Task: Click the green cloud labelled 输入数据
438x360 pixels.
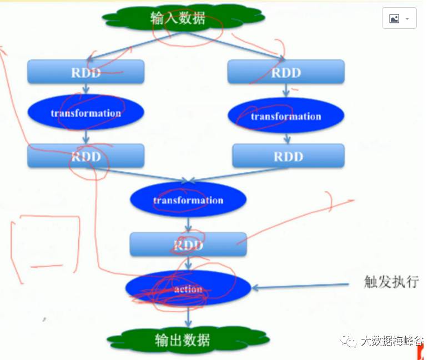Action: [x=178, y=18]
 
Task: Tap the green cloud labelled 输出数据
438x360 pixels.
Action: [x=183, y=339]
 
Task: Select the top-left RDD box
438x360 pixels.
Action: [x=85, y=72]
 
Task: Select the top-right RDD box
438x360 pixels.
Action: [x=286, y=72]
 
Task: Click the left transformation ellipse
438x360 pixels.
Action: [x=85, y=113]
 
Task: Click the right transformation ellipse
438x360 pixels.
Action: [x=286, y=116]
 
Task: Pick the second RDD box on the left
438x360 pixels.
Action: [x=85, y=156]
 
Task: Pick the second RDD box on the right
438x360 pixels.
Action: [x=288, y=156]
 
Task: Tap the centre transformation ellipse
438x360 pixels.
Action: [x=188, y=200]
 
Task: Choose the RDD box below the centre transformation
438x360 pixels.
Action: [x=188, y=244]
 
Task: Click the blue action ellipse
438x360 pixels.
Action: [x=188, y=289]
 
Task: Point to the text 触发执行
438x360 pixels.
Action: [x=391, y=282]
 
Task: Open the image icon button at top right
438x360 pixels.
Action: [x=399, y=18]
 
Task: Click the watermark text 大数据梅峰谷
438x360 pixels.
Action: [x=391, y=341]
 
